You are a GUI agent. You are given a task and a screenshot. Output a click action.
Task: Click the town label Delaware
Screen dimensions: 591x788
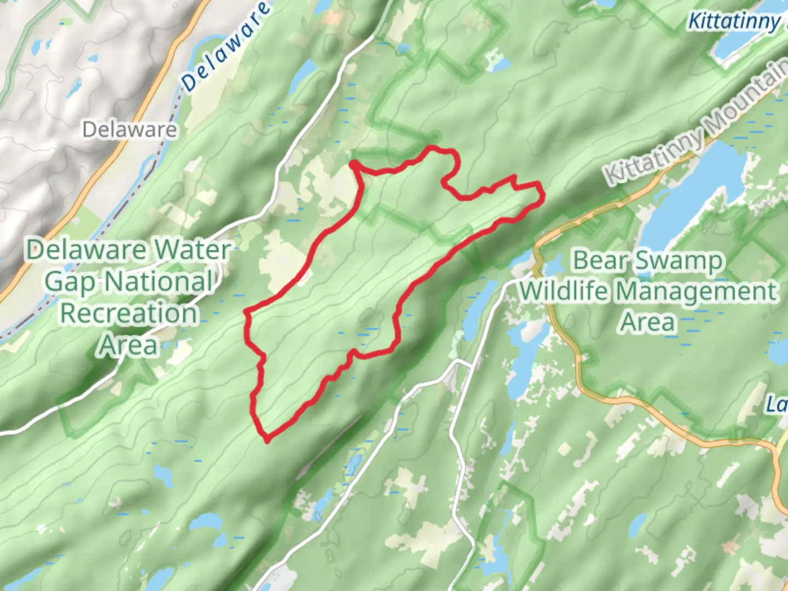coord(130,130)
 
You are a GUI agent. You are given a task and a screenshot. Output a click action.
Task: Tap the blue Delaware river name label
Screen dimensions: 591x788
coord(225,46)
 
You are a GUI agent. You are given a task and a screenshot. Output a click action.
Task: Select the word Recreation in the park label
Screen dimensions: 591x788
coord(129,314)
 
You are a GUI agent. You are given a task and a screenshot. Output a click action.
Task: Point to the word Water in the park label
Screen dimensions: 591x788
coord(192,250)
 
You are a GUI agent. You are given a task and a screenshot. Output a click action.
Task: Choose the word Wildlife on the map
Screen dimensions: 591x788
coord(565,291)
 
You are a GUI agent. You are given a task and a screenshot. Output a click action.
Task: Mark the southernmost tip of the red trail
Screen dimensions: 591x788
coord(267,439)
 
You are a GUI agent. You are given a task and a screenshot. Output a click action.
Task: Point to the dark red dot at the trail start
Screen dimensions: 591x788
coord(355,164)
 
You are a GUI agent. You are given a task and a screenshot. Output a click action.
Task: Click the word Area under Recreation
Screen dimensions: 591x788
coord(129,345)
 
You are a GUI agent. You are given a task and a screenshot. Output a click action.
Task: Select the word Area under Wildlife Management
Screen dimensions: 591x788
coord(648,322)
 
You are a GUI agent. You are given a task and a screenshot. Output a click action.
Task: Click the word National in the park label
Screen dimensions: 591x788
coord(159,282)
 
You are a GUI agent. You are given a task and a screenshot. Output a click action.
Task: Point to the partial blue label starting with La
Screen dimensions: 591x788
coord(777,405)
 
